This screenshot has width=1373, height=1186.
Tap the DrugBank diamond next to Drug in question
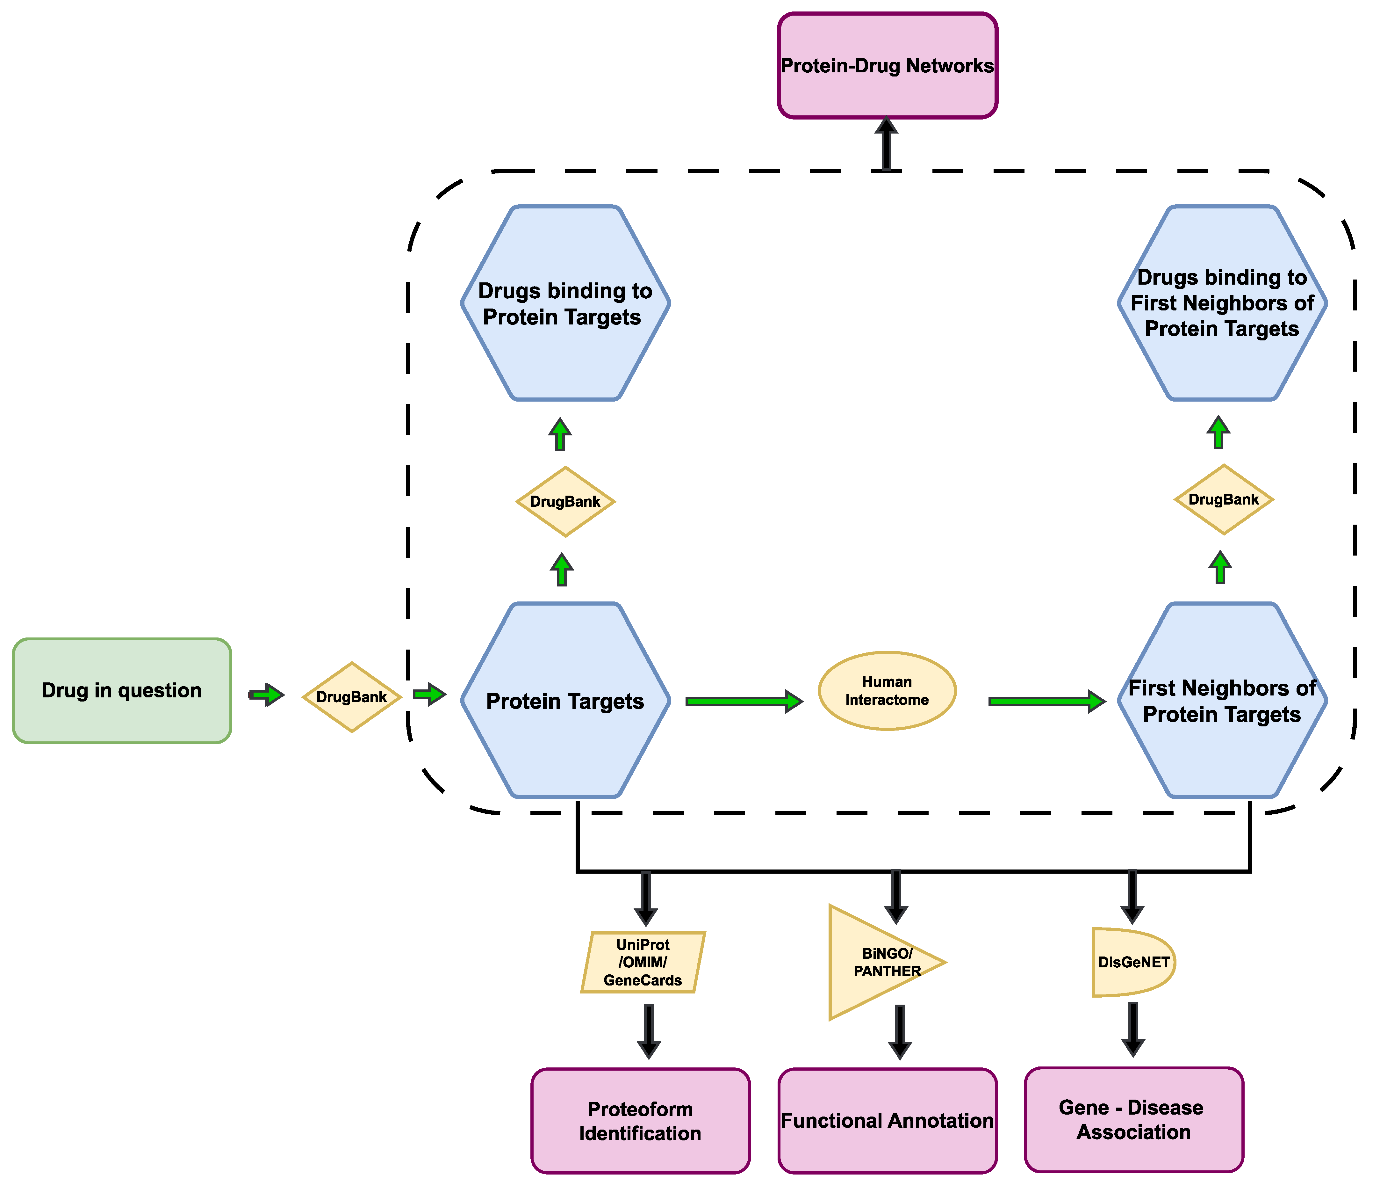[351, 697]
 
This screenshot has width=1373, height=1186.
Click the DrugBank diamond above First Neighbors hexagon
[1223, 499]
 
